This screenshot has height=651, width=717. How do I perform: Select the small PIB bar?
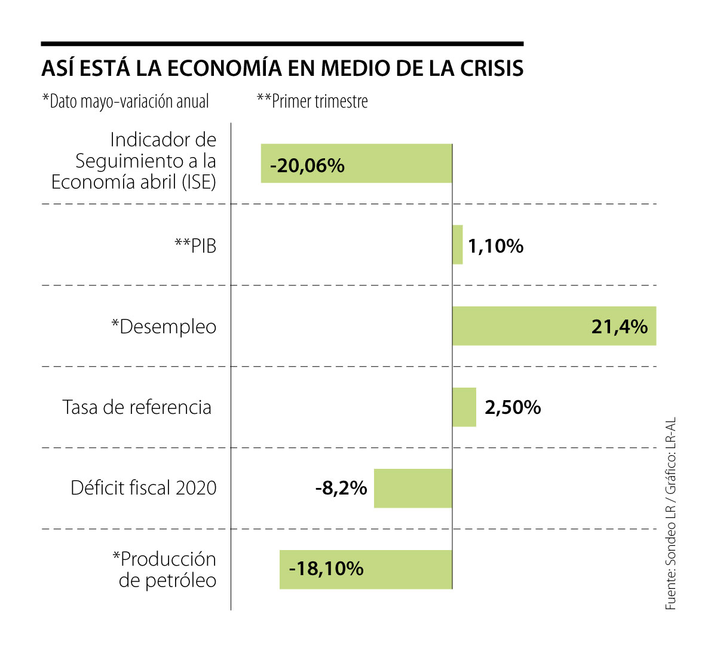point(458,244)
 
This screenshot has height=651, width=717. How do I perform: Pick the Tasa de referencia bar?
point(464,407)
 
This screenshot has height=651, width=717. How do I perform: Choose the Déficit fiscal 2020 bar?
point(413,489)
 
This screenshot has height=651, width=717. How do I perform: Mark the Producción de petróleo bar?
point(406,570)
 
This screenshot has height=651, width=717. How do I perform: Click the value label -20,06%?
point(307,165)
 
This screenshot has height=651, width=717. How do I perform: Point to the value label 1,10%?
point(495,245)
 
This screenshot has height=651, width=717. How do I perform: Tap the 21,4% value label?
point(620,327)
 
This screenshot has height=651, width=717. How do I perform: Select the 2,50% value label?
point(513,407)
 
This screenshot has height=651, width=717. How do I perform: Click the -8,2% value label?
point(341,489)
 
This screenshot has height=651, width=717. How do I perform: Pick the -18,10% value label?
point(326,569)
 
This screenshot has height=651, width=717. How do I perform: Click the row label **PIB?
point(195,245)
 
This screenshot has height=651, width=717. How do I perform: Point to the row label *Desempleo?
point(164,327)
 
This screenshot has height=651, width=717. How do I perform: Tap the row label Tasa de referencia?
point(137,407)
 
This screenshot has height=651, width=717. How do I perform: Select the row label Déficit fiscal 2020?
point(143,488)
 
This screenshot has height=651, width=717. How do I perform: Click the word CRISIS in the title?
point(492,68)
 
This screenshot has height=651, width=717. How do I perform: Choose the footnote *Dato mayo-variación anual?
point(125,102)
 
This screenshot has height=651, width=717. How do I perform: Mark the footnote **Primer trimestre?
point(312,102)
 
